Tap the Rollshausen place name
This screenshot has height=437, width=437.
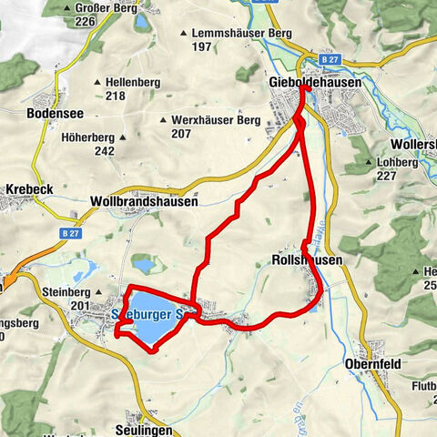coord(308,259)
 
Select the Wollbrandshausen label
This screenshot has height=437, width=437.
coord(144,202)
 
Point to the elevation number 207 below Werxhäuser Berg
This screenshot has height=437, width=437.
coord(179,133)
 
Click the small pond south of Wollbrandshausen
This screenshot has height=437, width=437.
coord(143,264)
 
